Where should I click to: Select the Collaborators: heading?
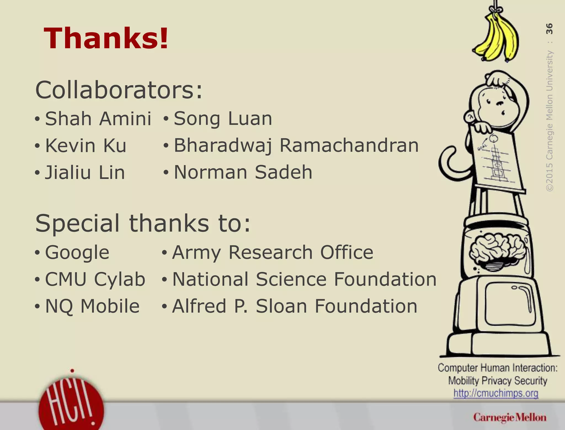tap(119, 90)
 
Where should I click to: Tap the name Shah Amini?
tap(98, 119)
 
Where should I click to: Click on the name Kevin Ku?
tap(86, 146)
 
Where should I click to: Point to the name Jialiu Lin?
tap(85, 173)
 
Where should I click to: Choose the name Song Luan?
tap(223, 119)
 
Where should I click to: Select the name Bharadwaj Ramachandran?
tap(296, 146)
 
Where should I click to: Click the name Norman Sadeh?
tap(243, 172)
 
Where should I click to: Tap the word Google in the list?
tap(77, 252)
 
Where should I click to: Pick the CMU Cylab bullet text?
tap(95, 279)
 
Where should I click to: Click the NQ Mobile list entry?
tap(92, 306)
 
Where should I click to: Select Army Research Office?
tap(273, 252)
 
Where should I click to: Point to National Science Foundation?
tap(304, 279)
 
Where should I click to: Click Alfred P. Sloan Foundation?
tap(295, 306)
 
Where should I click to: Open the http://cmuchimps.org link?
tap(496, 393)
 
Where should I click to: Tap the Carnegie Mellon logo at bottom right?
tap(510, 418)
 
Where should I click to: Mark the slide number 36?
tap(549, 29)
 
